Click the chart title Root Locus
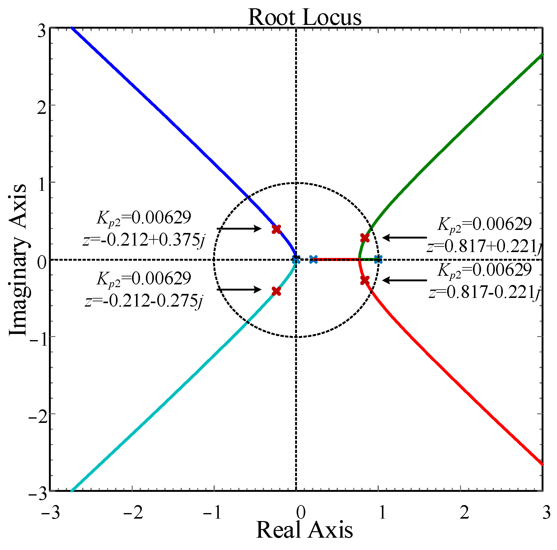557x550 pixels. (304, 17)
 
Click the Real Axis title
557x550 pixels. (304, 530)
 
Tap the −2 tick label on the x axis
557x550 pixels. (133, 513)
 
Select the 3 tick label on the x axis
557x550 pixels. (546, 513)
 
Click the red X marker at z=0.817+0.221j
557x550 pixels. (365, 238)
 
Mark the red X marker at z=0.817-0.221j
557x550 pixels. (365, 280)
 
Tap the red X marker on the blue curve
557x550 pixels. (277, 229)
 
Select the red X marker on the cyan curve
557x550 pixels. (277, 291)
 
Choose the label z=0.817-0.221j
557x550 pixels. (485, 292)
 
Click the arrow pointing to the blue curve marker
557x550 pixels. (239, 228)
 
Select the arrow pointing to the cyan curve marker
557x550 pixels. (239, 290)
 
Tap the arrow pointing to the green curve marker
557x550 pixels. (405, 238)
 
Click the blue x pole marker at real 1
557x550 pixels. (378, 259)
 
